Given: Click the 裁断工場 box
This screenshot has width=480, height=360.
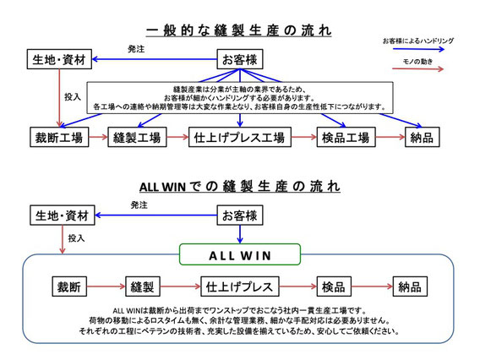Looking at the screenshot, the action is pyautogui.click(x=59, y=137).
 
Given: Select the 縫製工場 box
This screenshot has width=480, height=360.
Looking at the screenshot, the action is pyautogui.click(x=137, y=137).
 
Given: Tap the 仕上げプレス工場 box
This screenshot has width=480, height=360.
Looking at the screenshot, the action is pyautogui.click(x=240, y=137).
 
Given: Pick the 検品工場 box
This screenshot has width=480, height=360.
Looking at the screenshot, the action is pyautogui.click(x=346, y=137).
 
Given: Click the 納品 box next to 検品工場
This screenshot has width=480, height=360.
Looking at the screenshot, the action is pyautogui.click(x=423, y=137).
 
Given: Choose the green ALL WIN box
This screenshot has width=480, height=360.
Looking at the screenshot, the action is pyautogui.click(x=240, y=254).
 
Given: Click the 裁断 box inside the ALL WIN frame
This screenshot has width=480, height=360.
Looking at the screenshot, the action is pyautogui.click(x=69, y=286).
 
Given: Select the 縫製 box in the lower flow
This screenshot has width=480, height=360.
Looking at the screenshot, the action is pyautogui.click(x=143, y=286).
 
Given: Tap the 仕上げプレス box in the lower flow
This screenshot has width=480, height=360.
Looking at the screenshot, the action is pyautogui.click(x=240, y=286).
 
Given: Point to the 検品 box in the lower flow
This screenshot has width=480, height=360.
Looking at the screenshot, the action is pyautogui.click(x=334, y=286).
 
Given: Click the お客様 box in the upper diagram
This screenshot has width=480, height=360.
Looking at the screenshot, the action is pyautogui.click(x=240, y=59).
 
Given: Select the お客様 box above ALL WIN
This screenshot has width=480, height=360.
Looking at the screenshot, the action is pyautogui.click(x=240, y=215).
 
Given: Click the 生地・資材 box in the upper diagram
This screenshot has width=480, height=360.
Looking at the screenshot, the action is pyautogui.click(x=59, y=59).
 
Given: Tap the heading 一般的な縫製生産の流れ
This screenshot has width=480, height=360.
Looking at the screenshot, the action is pyautogui.click(x=238, y=30).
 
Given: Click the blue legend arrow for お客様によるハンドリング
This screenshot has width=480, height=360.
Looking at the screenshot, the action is pyautogui.click(x=418, y=49).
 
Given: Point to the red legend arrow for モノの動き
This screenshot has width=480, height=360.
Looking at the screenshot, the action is pyautogui.click(x=417, y=69).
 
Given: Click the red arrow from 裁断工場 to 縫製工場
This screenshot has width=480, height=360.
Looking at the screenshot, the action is pyautogui.click(x=98, y=137).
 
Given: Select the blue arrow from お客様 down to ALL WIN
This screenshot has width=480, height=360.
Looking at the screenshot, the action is pyautogui.click(x=240, y=234).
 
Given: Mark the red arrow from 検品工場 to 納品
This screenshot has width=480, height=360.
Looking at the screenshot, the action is pyautogui.click(x=390, y=137).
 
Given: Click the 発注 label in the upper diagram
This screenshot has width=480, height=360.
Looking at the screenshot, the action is pyautogui.click(x=136, y=49).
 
